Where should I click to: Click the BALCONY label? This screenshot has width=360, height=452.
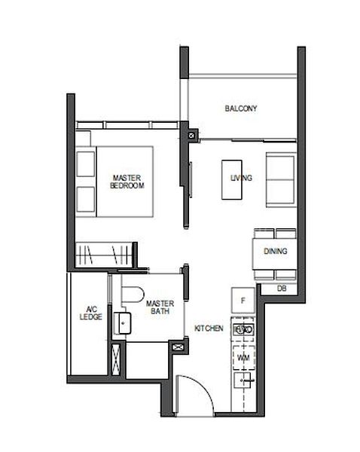click(x=241, y=108)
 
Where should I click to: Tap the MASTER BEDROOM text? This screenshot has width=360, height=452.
click(x=127, y=180)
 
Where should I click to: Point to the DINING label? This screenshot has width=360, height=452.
click(x=273, y=252)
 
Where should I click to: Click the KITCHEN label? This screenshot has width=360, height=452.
click(x=208, y=329)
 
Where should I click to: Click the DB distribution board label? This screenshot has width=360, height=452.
click(x=281, y=289)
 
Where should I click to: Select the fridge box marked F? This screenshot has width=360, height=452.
click(x=243, y=301)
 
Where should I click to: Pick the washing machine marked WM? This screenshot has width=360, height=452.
click(x=243, y=356)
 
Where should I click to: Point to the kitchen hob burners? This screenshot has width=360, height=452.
click(x=243, y=330)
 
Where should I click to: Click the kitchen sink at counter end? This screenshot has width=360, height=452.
click(x=243, y=383)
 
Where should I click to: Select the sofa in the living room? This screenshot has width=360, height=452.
click(x=281, y=179)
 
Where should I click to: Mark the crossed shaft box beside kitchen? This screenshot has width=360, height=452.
click(x=178, y=348)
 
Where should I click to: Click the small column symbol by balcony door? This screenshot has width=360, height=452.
click(x=193, y=136)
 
